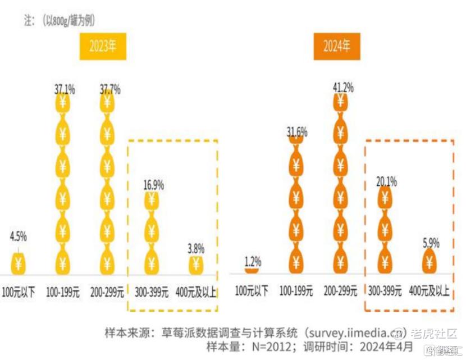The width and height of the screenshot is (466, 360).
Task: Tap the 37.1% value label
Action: (65, 89)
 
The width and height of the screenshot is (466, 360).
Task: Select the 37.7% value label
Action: (110, 89)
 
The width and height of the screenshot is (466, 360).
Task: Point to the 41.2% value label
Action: (342, 87)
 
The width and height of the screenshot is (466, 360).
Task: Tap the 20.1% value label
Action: (386, 181)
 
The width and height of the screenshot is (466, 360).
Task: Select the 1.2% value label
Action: (254, 261)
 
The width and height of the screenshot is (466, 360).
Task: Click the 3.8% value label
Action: (195, 248)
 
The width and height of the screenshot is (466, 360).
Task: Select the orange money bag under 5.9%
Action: (430, 259)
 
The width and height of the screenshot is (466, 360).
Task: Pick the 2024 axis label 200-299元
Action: (341, 290)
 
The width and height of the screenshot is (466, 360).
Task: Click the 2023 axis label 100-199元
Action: (63, 293)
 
